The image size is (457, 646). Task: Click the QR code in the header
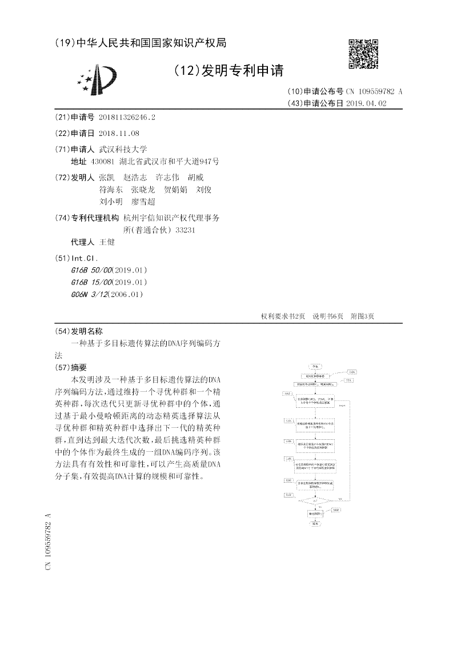[x=363, y=53]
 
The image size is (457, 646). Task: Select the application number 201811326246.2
[x=127, y=117]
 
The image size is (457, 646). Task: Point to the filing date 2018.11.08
[x=119, y=133]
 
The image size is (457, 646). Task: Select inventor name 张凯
[x=106, y=177]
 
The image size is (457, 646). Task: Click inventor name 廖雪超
[x=143, y=202]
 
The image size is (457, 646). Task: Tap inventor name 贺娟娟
[x=175, y=190]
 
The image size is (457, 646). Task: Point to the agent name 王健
[x=107, y=242]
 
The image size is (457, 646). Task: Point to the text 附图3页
[x=362, y=316]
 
